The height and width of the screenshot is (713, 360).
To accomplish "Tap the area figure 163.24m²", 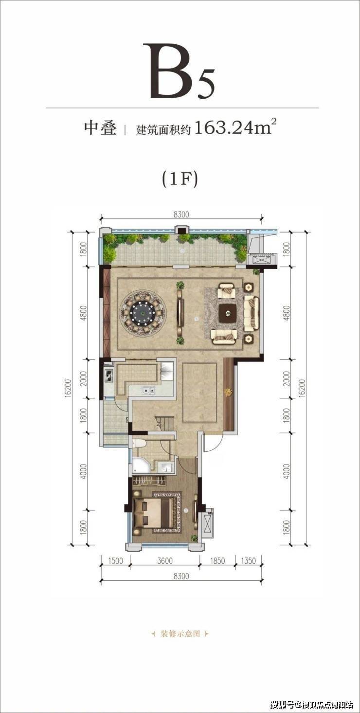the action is (234, 128).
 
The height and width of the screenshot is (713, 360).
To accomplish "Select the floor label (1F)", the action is (180, 178).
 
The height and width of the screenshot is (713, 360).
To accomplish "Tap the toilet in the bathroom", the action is (140, 444).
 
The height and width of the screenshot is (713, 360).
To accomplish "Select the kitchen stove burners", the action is (108, 375).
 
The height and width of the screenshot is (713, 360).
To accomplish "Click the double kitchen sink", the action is (148, 390).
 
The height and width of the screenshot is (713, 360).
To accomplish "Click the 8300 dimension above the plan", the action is (181, 214).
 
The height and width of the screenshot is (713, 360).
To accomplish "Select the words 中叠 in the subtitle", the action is (100, 128).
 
